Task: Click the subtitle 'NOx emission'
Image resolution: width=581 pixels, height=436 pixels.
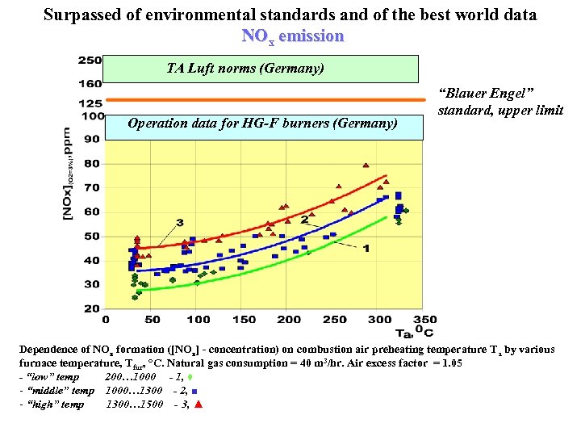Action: [292, 36]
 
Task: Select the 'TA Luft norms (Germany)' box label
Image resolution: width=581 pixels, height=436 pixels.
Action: [245, 69]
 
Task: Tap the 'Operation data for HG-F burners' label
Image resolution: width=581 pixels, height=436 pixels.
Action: [262, 124]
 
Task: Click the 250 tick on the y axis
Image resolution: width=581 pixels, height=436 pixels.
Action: [90, 60]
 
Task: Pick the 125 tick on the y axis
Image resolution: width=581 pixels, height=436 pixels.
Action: [90, 103]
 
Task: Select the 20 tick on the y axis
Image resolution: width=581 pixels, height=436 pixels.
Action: [91, 308]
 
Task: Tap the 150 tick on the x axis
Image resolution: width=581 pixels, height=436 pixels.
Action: [244, 320]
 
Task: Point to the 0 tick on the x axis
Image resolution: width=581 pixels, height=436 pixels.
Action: [109, 320]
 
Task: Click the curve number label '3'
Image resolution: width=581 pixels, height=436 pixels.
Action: [179, 222]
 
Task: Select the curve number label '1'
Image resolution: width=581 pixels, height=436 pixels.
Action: [366, 248]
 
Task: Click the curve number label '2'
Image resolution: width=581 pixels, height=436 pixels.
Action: [304, 219]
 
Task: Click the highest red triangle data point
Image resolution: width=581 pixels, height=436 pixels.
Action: [366, 166]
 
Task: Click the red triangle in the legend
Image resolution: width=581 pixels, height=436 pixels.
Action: [198, 404]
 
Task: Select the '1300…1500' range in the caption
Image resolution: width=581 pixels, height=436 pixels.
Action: [134, 404]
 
